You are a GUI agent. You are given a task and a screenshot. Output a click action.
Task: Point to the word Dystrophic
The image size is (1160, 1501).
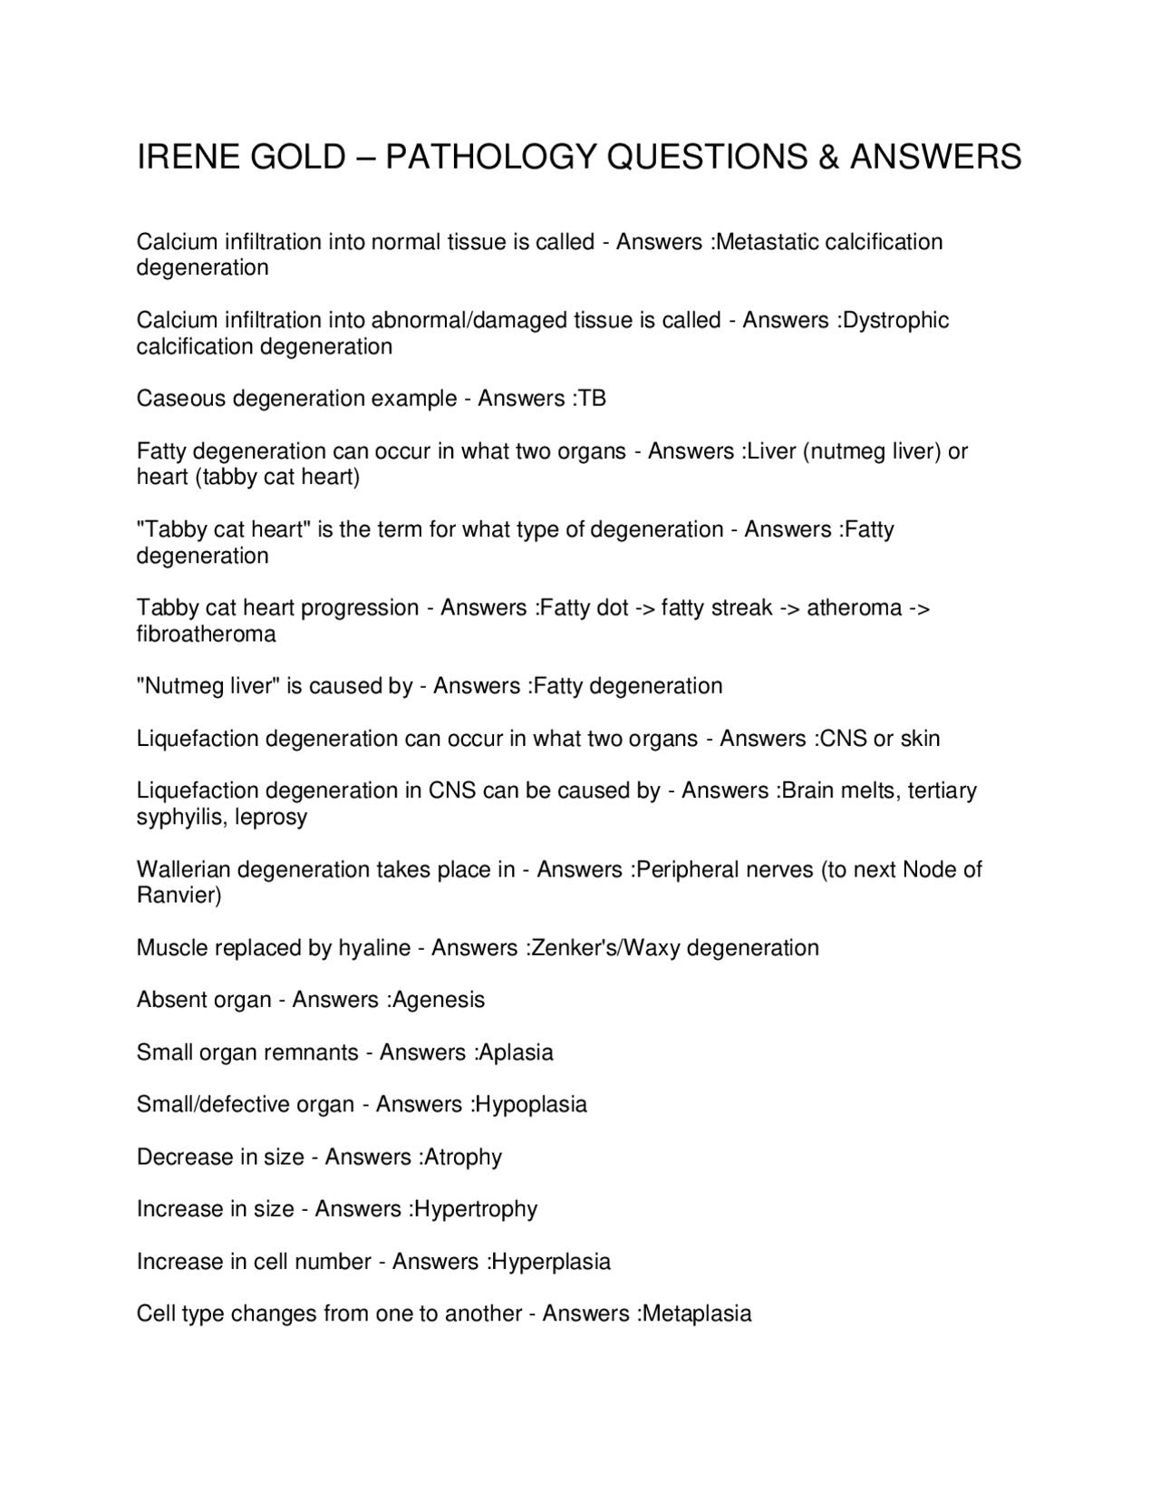pyautogui.click(x=895, y=320)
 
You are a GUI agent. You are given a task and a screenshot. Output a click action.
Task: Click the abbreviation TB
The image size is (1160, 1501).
pyautogui.click(x=592, y=399)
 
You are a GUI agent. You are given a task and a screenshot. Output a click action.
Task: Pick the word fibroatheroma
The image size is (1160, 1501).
pyautogui.click(x=207, y=634)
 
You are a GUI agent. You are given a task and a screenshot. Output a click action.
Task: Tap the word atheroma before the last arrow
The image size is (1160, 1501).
pyautogui.click(x=854, y=607)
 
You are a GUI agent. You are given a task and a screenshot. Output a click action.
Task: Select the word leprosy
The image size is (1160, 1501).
pyautogui.click(x=271, y=817)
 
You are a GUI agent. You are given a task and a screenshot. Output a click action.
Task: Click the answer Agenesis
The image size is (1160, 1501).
pyautogui.click(x=439, y=1000)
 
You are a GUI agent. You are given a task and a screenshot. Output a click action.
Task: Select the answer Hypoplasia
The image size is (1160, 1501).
pyautogui.click(x=531, y=1104)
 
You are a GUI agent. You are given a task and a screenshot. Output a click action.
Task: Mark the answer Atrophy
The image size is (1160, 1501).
pyautogui.click(x=463, y=1157)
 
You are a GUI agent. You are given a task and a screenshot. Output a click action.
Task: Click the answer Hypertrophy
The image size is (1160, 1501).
pyautogui.click(x=476, y=1209)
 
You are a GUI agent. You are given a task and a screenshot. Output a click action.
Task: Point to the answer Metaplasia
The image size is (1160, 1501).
pyautogui.click(x=696, y=1313)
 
